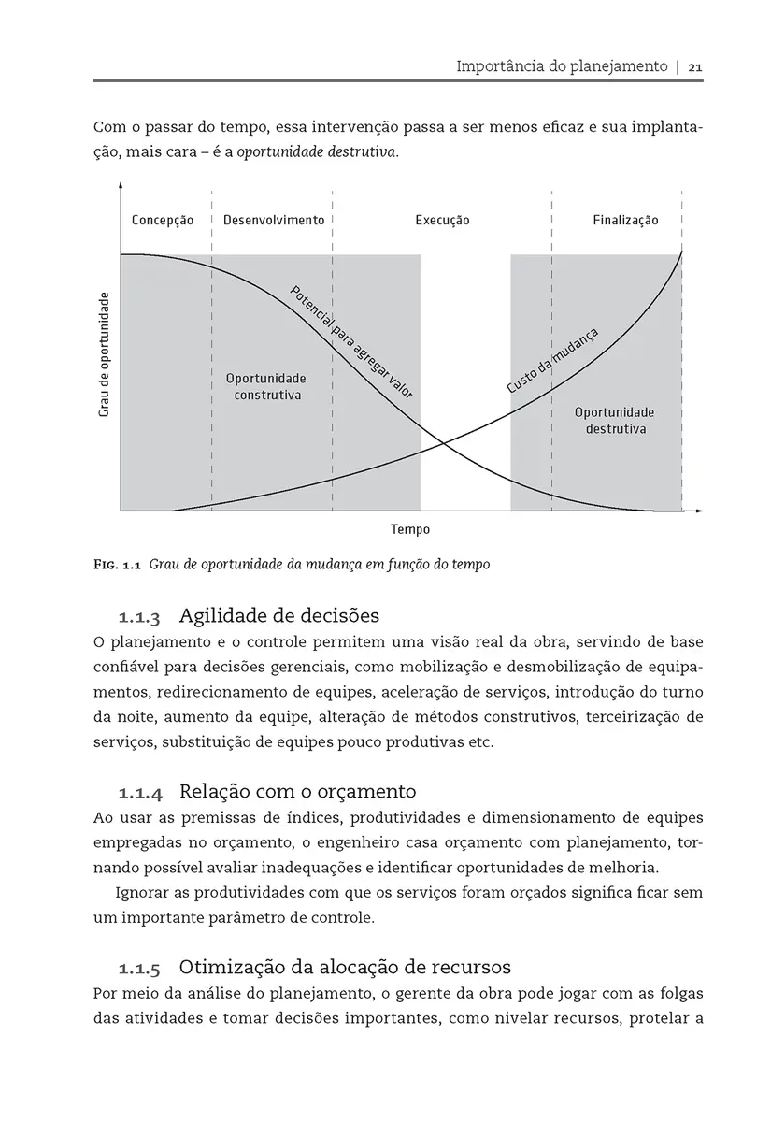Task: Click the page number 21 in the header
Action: point(695,67)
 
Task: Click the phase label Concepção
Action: point(163,221)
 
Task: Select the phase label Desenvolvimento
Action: point(274,221)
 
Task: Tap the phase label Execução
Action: point(442,221)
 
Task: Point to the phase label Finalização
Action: point(625,221)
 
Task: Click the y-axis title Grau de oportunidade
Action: point(105,354)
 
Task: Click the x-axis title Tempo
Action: point(410,530)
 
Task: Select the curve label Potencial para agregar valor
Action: point(351,342)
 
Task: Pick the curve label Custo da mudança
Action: point(551,361)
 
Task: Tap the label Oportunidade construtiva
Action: point(266,387)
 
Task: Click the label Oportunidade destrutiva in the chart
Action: point(614,421)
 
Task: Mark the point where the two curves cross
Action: point(441,443)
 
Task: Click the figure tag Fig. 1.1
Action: point(117,565)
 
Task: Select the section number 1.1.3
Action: point(139,618)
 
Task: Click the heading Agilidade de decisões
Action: point(278,616)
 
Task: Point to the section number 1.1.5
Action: point(139,968)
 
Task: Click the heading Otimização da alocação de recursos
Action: point(344,966)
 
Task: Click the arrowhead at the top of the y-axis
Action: point(121,185)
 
